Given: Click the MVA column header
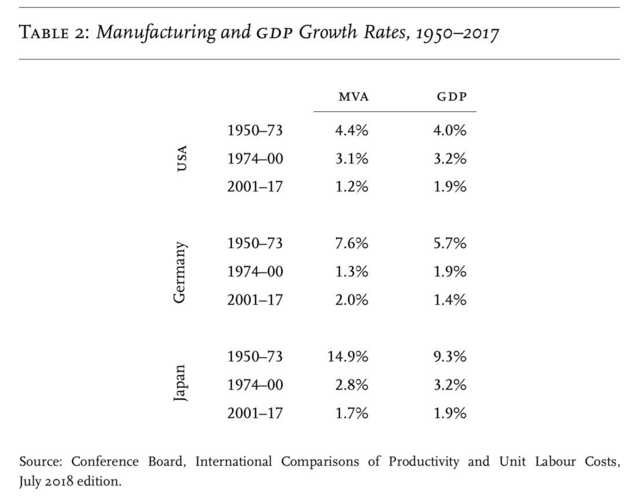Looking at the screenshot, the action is coord(354,97).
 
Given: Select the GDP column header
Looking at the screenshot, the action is coord(452,97).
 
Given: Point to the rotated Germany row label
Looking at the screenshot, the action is coord(180,272).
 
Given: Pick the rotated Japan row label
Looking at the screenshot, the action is coord(180,383).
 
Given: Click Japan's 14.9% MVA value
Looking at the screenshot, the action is coord(348,357).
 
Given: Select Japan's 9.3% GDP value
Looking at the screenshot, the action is coord(450,357).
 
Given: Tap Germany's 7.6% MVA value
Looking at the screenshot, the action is coord(352,243).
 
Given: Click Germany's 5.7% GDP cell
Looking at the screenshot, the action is coord(450,243).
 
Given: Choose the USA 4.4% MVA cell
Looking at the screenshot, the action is coord(352,130).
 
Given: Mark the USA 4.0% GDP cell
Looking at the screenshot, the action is coord(450,130).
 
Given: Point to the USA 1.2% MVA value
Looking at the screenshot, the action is coord(352,187).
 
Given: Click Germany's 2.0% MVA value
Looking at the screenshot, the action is coord(352,300).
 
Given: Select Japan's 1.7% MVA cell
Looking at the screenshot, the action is coord(352,413).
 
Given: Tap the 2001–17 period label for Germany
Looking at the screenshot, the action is coord(255,300).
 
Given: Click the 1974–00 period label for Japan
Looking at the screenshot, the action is coord(255,385).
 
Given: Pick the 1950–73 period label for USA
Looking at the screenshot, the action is coord(255,130).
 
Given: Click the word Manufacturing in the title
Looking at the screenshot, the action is coord(156,32).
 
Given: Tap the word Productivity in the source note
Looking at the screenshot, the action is coord(424,462).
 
